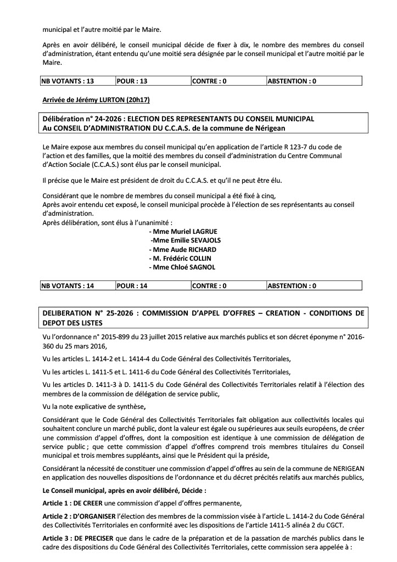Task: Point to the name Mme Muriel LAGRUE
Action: click(x=181, y=232)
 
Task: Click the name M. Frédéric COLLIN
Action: click(x=180, y=258)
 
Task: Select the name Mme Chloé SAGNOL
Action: click(x=182, y=267)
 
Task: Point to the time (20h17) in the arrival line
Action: click(x=138, y=100)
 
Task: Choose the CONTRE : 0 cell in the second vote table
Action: click(x=209, y=285)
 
